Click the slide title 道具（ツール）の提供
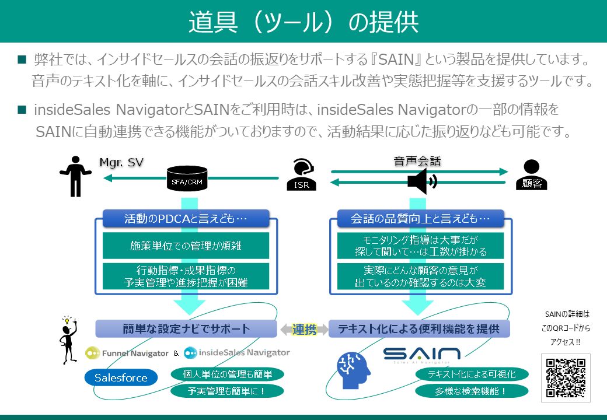[x=303, y=22]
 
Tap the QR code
[x=565, y=378]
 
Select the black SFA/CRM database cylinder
[x=187, y=177]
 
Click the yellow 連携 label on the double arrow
[x=303, y=329]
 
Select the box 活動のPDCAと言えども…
[x=186, y=219]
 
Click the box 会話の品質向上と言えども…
[x=421, y=219]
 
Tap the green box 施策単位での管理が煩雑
[x=186, y=246]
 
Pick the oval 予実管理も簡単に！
[x=219, y=391]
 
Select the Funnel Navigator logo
[x=127, y=353]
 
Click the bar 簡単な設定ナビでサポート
[x=186, y=328]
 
